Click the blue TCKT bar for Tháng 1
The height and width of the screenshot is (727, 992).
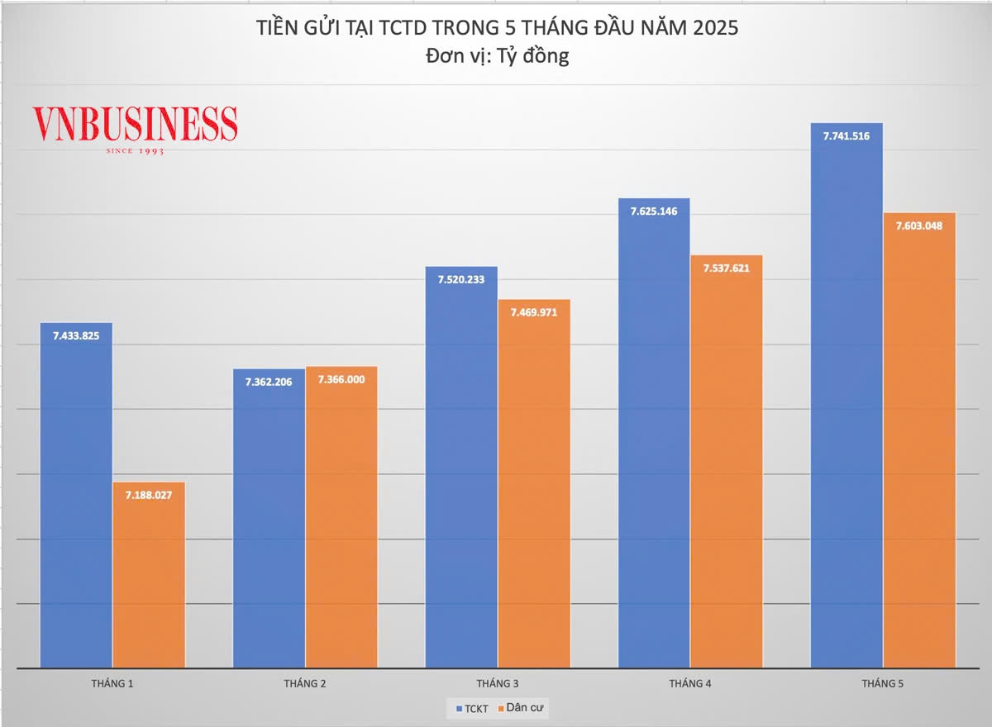tap(76, 496)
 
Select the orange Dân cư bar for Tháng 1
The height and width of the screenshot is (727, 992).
tap(149, 578)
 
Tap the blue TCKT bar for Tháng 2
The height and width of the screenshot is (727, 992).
tap(269, 520)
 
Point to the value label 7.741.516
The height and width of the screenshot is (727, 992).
tap(847, 135)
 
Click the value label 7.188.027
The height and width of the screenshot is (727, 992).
tap(149, 495)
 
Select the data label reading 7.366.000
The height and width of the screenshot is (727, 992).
tap(341, 379)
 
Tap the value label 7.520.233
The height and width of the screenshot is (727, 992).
tap(461, 279)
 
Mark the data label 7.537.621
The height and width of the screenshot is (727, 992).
tap(726, 268)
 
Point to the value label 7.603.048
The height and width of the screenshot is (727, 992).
tap(919, 226)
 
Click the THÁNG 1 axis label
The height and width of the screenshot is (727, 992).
tap(112, 683)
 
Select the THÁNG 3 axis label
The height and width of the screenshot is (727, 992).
tap(498, 683)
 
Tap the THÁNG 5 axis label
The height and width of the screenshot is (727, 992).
tap(883, 683)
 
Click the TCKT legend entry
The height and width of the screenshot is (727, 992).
tap(472, 708)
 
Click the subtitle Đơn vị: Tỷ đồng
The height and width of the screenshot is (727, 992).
tap(496, 56)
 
